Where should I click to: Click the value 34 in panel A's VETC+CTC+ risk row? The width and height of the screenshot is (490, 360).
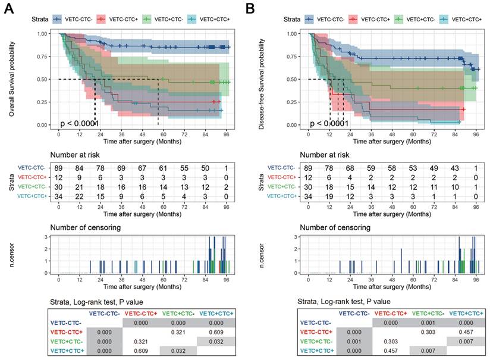(x=59, y=198)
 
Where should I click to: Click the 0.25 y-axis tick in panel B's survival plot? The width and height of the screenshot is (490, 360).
(x=295, y=102)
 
